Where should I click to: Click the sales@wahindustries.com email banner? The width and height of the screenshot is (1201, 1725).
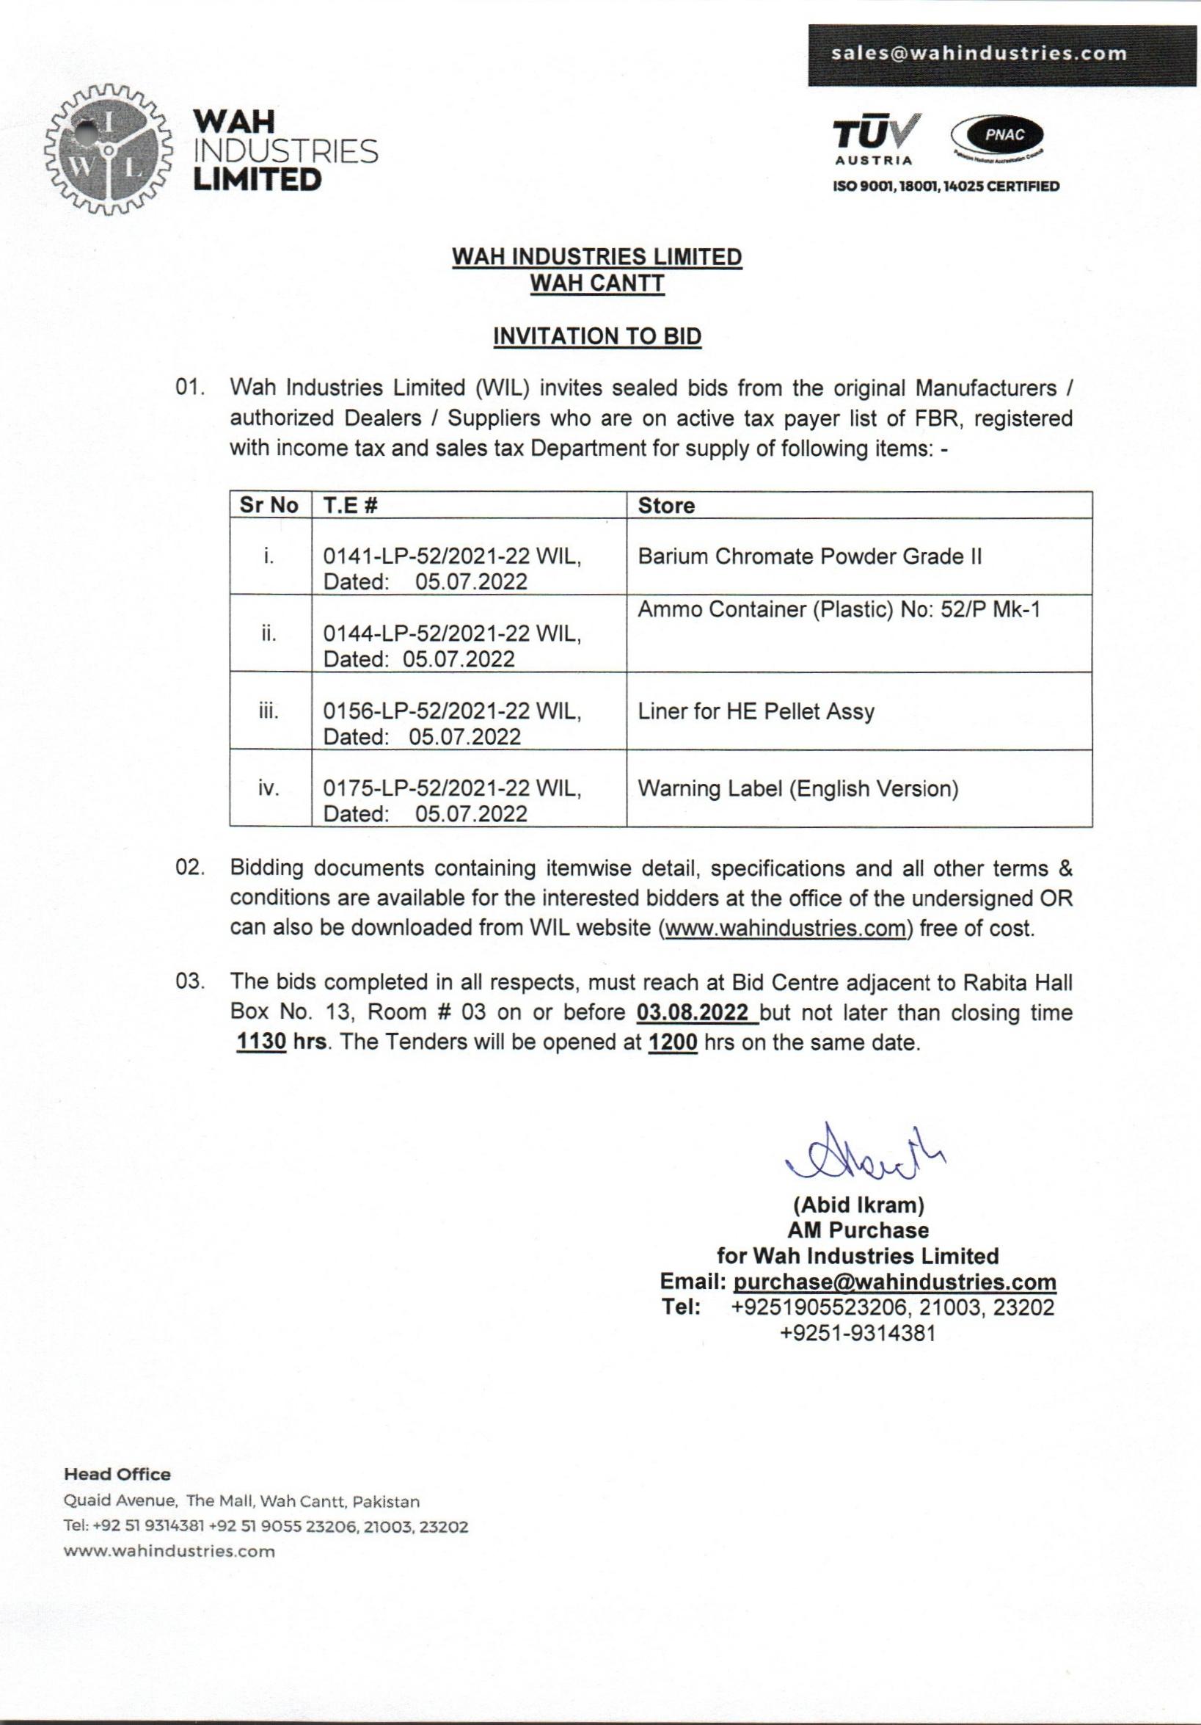1001,55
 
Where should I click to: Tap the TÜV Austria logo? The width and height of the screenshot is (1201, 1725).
877,139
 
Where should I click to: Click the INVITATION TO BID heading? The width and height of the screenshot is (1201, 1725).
597,336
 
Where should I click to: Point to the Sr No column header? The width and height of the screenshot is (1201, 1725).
270,506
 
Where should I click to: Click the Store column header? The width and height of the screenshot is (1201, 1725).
666,506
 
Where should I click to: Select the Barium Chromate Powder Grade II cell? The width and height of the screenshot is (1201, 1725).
810,556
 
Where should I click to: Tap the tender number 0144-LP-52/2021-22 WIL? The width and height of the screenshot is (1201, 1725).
451,634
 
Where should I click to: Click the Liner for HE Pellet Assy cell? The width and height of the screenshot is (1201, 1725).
756,711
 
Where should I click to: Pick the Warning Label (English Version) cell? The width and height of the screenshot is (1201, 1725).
797,788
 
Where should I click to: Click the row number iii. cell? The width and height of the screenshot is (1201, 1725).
269,711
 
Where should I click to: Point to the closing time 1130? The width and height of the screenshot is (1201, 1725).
261,1044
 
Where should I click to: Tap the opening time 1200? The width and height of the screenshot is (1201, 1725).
673,1044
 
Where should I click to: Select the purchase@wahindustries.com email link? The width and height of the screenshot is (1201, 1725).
894,1282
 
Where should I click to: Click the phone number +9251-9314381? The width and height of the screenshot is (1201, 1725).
858,1333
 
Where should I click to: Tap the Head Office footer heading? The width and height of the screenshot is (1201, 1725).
117,1475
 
